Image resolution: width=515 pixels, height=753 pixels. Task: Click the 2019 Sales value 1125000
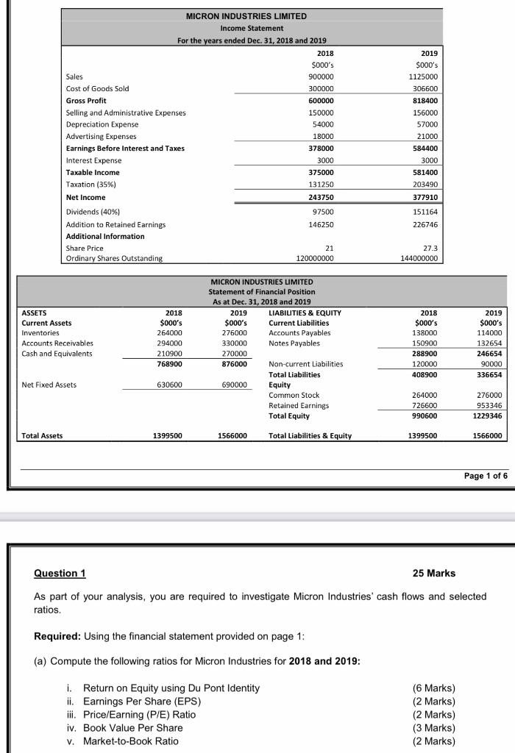(427, 76)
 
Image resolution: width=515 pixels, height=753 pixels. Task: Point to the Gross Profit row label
(87, 101)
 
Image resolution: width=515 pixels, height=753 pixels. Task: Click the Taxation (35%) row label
(91, 185)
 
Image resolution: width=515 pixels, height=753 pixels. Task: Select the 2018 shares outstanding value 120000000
(316, 258)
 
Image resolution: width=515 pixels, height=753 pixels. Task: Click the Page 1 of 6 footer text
(486, 476)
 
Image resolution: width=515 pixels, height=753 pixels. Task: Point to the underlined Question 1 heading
(60, 573)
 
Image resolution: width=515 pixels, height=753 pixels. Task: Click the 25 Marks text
(435, 573)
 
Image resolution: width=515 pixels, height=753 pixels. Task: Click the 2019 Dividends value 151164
(429, 212)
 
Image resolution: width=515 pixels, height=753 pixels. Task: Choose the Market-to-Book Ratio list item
(131, 741)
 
